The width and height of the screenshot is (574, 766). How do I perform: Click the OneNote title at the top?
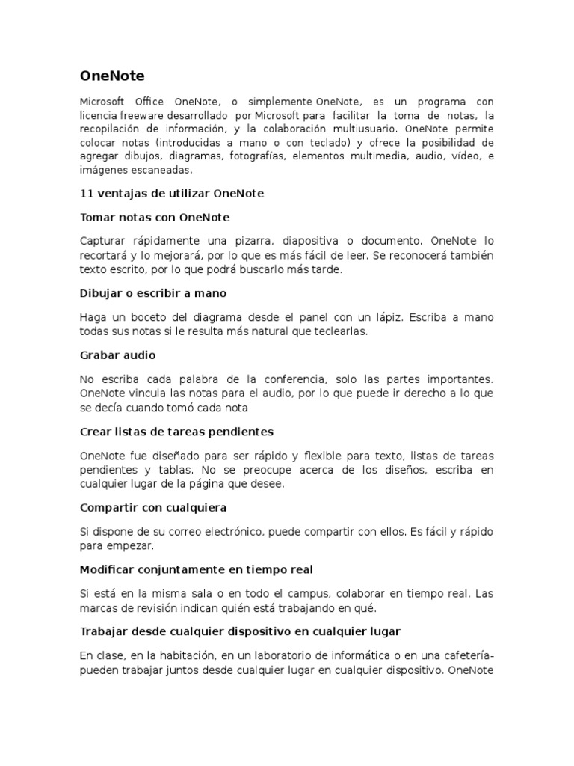(112, 76)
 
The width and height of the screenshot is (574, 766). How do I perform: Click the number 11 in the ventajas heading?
(86, 194)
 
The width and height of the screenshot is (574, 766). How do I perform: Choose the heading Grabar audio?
(118, 355)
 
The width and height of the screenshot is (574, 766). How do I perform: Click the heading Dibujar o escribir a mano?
(152, 293)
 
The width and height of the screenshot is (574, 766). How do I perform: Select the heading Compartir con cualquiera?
(153, 508)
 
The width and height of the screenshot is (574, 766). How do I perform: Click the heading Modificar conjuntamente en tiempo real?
(197, 570)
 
